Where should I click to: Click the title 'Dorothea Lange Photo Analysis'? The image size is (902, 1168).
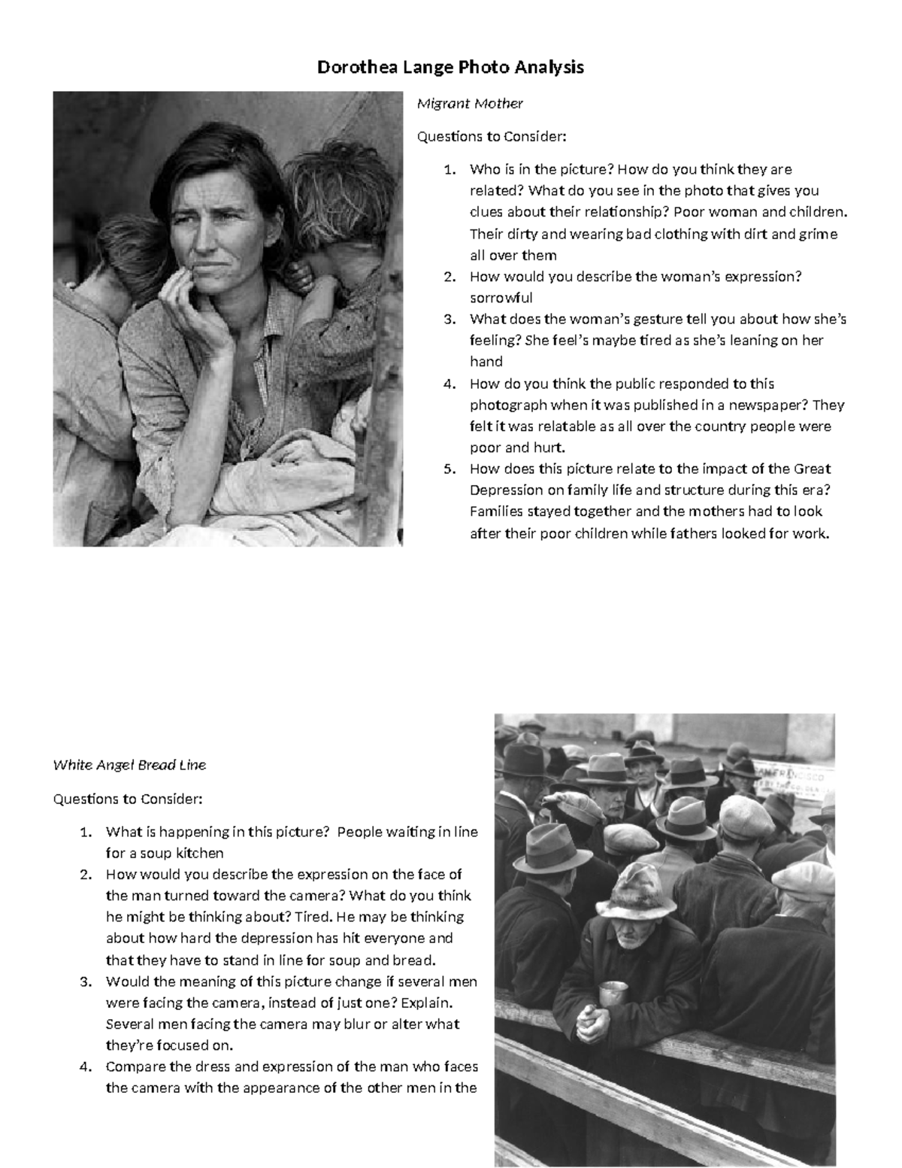[450, 67]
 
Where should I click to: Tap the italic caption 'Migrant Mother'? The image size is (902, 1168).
[470, 103]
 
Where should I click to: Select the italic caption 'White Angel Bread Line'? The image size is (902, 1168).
[129, 765]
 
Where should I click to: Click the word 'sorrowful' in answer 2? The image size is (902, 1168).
[501, 298]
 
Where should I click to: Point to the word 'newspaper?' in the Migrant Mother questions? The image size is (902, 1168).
[771, 405]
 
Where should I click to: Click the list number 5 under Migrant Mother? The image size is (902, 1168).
[449, 469]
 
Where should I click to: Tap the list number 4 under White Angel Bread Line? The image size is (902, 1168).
[85, 1066]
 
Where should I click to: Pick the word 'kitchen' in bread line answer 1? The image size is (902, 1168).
[199, 853]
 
